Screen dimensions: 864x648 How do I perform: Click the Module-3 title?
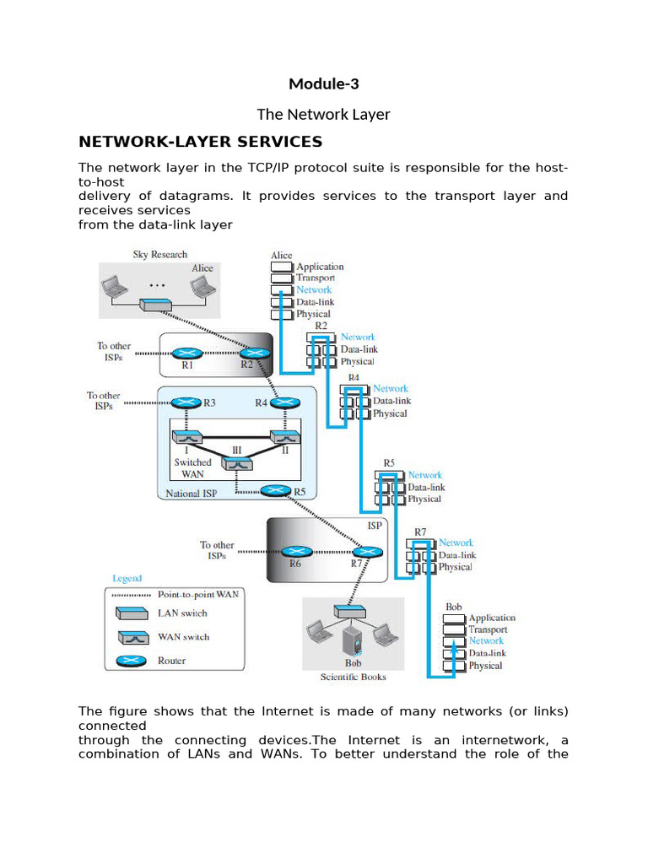click(324, 84)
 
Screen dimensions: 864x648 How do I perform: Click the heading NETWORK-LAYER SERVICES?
click(200, 141)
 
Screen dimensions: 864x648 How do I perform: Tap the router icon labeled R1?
click(187, 354)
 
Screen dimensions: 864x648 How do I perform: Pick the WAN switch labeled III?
click(237, 463)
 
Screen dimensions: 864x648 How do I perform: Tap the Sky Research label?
click(159, 255)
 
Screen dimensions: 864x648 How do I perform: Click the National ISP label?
click(192, 494)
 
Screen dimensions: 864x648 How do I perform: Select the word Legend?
click(127, 579)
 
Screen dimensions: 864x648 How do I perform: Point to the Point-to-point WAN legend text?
click(198, 594)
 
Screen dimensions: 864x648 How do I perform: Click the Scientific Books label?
click(353, 677)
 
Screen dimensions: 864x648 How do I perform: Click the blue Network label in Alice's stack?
click(314, 290)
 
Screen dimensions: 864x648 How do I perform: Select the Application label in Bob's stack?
click(491, 618)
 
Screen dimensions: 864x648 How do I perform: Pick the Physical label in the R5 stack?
click(424, 499)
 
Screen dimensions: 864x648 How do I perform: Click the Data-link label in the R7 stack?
click(456, 555)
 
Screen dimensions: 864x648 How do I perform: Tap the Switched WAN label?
click(192, 468)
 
